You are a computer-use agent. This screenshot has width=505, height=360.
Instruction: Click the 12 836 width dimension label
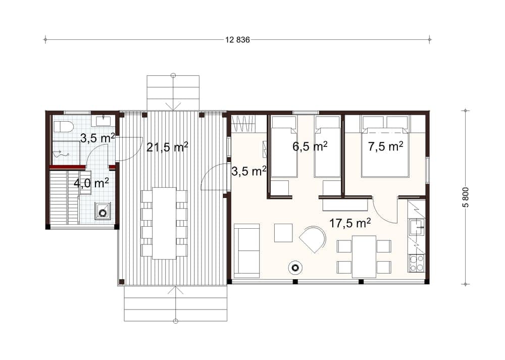pyautogui.click(x=237, y=40)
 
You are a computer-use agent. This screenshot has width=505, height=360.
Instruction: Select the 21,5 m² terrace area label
pyautogui.click(x=167, y=147)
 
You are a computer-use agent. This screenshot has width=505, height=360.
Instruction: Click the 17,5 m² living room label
pyautogui.click(x=350, y=223)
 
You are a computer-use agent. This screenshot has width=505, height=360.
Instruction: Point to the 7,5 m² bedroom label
pyautogui.click(x=385, y=146)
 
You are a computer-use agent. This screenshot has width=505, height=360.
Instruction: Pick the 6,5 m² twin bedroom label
pyautogui.click(x=310, y=146)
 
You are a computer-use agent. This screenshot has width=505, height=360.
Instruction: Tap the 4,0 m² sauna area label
pyautogui.click(x=91, y=183)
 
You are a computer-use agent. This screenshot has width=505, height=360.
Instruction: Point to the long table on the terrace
pyautogui.click(x=164, y=223)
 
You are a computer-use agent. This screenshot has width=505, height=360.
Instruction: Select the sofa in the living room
pyautogui.click(x=247, y=250)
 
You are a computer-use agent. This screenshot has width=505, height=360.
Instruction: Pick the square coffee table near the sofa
pyautogui.click(x=283, y=233)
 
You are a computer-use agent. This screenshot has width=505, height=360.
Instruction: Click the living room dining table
pyautogui.click(x=364, y=256)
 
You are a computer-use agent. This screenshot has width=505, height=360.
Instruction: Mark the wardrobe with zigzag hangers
pyautogui.click(x=243, y=123)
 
